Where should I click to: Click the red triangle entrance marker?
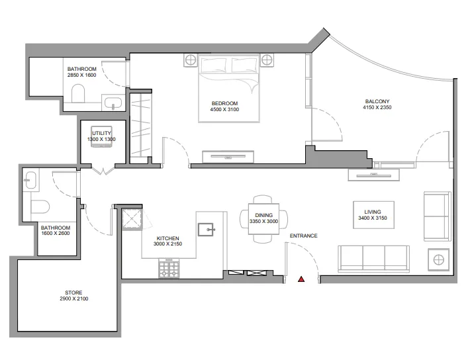301,280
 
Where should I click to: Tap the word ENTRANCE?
303,236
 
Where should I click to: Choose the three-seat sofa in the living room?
373,258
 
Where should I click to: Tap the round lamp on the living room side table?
438,259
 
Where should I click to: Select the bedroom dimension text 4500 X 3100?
224,109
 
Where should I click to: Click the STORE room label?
73,292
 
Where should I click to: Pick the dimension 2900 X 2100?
73,299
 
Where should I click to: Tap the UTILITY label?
101,133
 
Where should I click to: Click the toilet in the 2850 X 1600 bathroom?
77,94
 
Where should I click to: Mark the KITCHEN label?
167,238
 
